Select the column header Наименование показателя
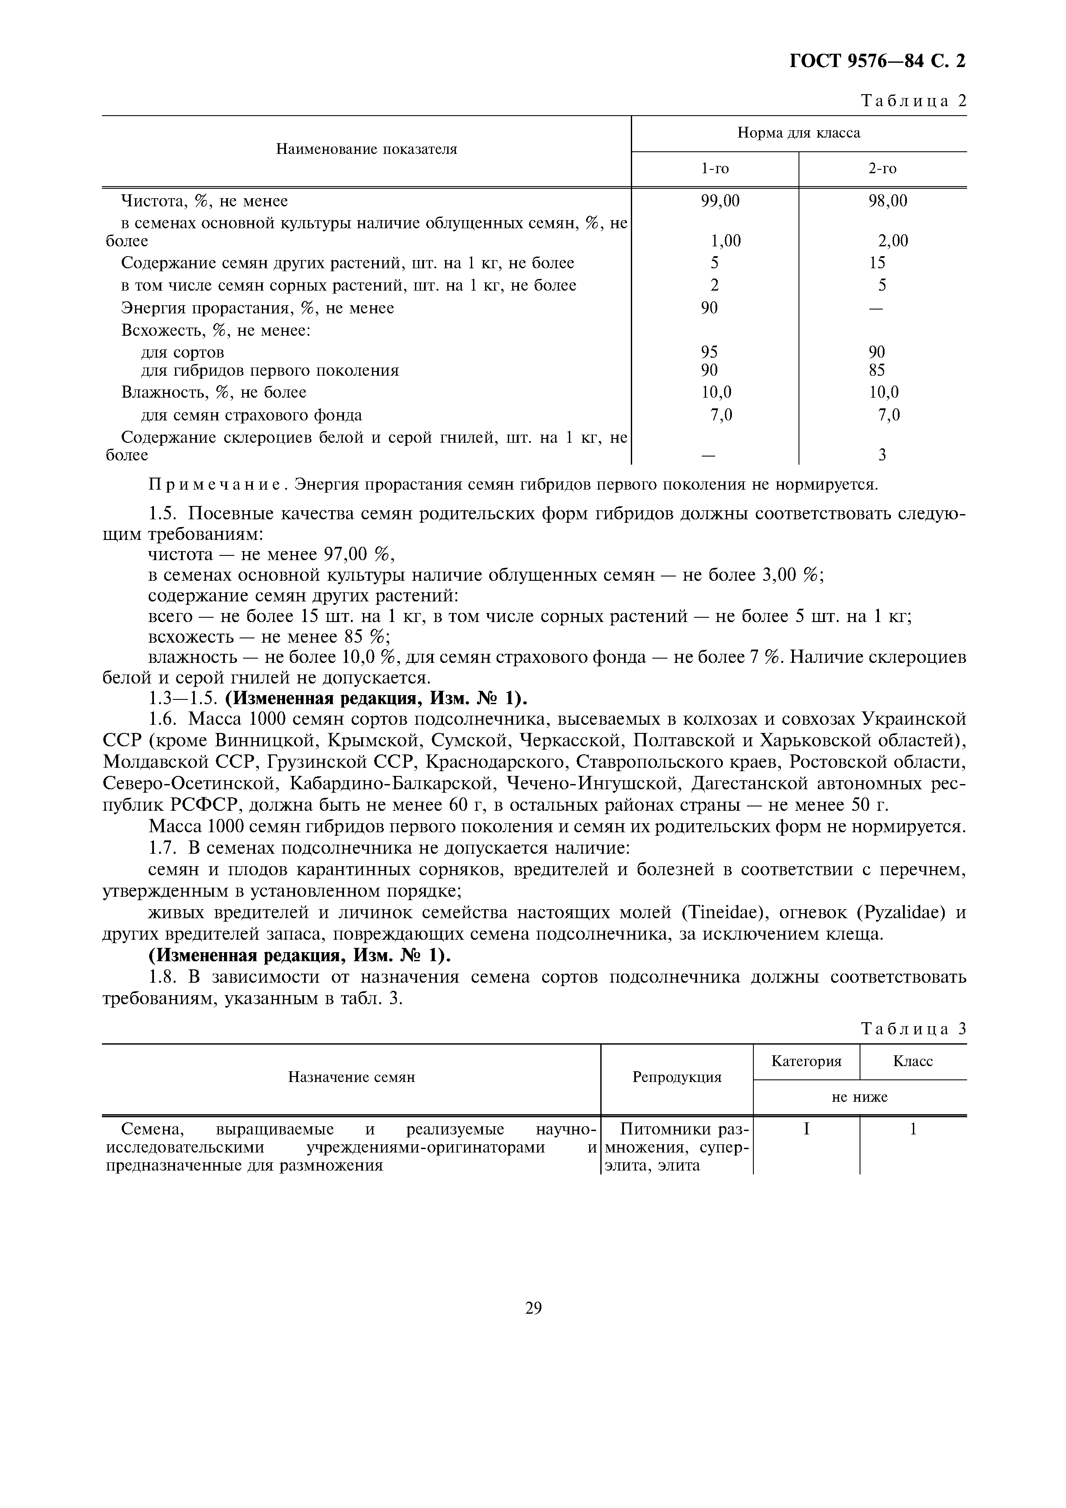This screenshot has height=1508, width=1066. pos(366,149)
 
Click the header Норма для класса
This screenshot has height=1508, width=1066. pos(798,133)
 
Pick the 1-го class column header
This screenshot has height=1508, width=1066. pos(715,169)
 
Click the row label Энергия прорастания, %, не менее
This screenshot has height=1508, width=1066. pos(258,308)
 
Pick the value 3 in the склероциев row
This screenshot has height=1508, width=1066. pos(882,454)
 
